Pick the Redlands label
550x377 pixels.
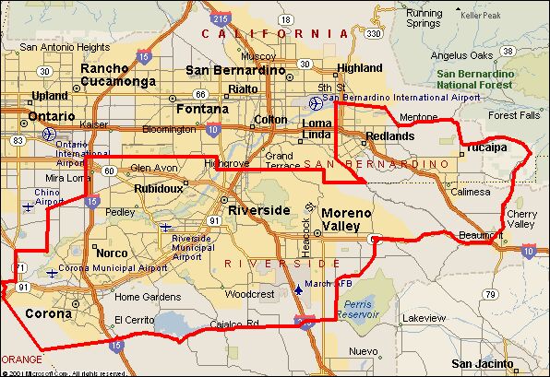390,135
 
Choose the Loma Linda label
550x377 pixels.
317,129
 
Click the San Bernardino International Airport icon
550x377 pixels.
315,101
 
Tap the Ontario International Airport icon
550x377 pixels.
49,133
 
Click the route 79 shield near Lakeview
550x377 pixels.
490,295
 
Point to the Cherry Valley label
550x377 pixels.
520,219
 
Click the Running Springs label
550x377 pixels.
424,18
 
